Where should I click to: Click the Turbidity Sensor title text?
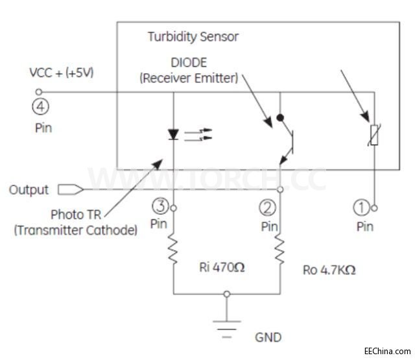[x=193, y=36]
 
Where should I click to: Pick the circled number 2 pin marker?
[x=268, y=208]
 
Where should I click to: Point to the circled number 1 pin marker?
[x=361, y=208]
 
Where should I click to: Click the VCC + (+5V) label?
[x=62, y=73]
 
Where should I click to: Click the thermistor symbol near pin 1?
[x=373, y=135]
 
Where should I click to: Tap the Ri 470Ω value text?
[x=222, y=267]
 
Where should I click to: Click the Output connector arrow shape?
[x=70, y=189]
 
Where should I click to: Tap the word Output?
[x=29, y=189]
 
